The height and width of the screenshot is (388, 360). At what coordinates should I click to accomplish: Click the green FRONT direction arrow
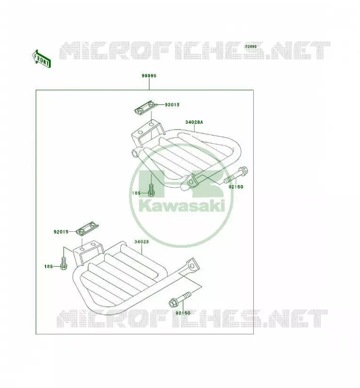(x=42, y=58)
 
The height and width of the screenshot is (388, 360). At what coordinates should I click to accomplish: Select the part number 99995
(x=149, y=76)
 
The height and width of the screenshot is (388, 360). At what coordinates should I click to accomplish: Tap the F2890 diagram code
(x=251, y=47)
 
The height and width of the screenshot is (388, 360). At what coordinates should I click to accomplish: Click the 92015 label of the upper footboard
(x=172, y=105)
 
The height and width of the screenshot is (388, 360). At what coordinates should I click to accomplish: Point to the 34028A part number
(x=194, y=122)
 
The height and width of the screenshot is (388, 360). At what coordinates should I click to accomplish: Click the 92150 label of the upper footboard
(x=236, y=187)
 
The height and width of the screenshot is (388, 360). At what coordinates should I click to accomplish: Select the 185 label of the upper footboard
(x=136, y=193)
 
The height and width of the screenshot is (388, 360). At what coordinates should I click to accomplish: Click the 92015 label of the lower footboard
(x=61, y=232)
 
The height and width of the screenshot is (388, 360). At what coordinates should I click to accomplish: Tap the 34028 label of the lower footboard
(x=142, y=242)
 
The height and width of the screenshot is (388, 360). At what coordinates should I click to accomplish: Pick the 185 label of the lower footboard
(x=49, y=266)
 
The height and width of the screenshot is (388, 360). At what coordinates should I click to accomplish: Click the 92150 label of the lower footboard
(x=183, y=313)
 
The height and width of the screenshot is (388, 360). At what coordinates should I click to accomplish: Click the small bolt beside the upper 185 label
(x=151, y=190)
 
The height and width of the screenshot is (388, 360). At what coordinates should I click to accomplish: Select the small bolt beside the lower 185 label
(x=64, y=263)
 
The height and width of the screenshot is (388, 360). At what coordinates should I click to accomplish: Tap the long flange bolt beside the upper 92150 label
(x=236, y=175)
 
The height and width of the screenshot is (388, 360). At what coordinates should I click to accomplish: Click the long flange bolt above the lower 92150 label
(x=180, y=300)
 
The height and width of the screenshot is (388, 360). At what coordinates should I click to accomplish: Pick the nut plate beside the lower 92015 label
(x=87, y=228)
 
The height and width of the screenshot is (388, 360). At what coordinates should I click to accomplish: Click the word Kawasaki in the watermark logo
(x=182, y=206)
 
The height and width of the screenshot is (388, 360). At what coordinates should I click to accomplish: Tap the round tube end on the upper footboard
(x=136, y=153)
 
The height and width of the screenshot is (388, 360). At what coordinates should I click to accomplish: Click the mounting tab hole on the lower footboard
(x=192, y=266)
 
